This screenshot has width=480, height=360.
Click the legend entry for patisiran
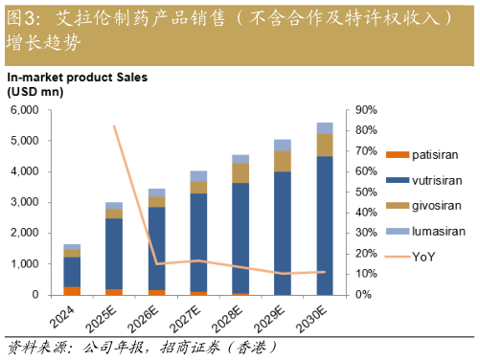pos(423,154)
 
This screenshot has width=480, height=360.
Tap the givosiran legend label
pos(423,205)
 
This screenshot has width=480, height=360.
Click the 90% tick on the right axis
pos(366,110)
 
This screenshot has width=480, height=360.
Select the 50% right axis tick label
pos(366,191)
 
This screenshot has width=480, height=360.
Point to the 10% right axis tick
pos(366,274)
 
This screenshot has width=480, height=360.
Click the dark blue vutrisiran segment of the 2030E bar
pos(325,225)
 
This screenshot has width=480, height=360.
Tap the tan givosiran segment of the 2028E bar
pos(240,172)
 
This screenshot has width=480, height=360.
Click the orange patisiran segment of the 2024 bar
pos(72,290)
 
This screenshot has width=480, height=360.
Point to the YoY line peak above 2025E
pos(114,125)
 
